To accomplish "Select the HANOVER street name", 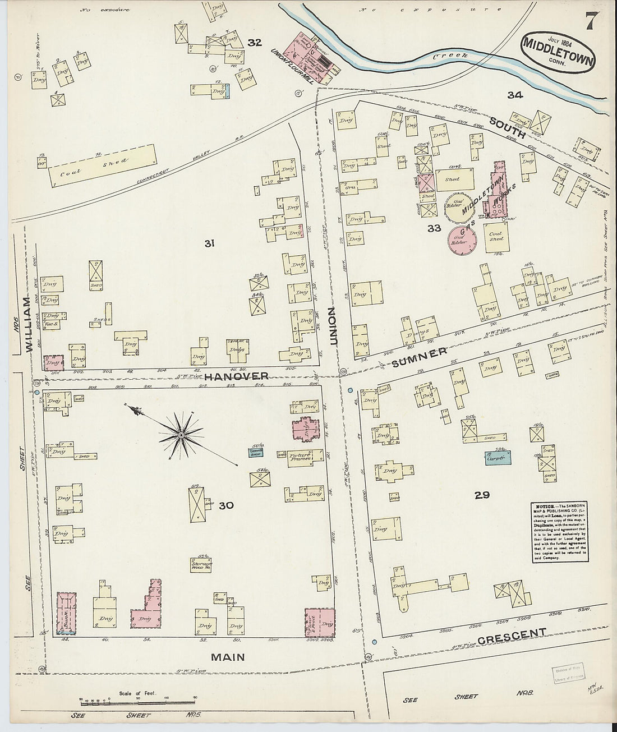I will pyautogui.click(x=236, y=376).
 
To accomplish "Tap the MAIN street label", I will pyautogui.click(x=228, y=657).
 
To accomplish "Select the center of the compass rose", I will pyautogui.click(x=181, y=435).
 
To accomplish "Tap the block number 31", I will pyautogui.click(x=209, y=243).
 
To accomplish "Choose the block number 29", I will pyautogui.click(x=482, y=495).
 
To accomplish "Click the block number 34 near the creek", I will pyautogui.click(x=514, y=95).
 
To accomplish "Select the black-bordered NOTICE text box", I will pyautogui.click(x=558, y=532).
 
